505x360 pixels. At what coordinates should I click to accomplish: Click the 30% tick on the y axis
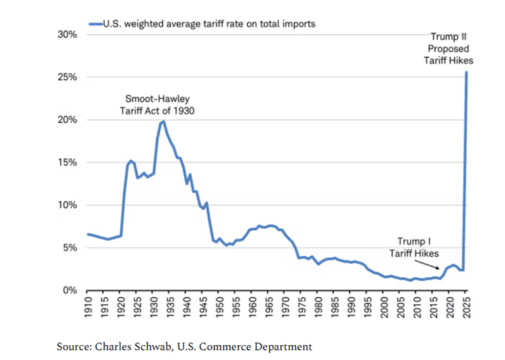tap(67, 34)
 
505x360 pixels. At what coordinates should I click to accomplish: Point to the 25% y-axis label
tap(67, 77)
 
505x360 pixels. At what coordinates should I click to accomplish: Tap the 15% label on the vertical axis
tap(67, 163)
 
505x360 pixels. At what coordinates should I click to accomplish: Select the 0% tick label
tap(70, 291)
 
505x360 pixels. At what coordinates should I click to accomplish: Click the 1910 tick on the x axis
tap(88, 310)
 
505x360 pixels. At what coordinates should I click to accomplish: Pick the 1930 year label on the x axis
tap(155, 310)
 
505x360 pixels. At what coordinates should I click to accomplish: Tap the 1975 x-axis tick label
tap(303, 310)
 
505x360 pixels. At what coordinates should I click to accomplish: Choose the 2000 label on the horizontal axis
tap(385, 310)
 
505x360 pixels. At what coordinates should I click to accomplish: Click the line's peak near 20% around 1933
tap(163, 121)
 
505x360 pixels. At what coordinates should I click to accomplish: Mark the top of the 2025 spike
tap(467, 73)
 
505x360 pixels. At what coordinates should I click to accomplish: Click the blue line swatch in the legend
tap(95, 24)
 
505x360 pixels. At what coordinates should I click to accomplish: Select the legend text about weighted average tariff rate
tap(209, 24)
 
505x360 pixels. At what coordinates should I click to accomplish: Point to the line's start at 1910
tap(88, 234)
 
